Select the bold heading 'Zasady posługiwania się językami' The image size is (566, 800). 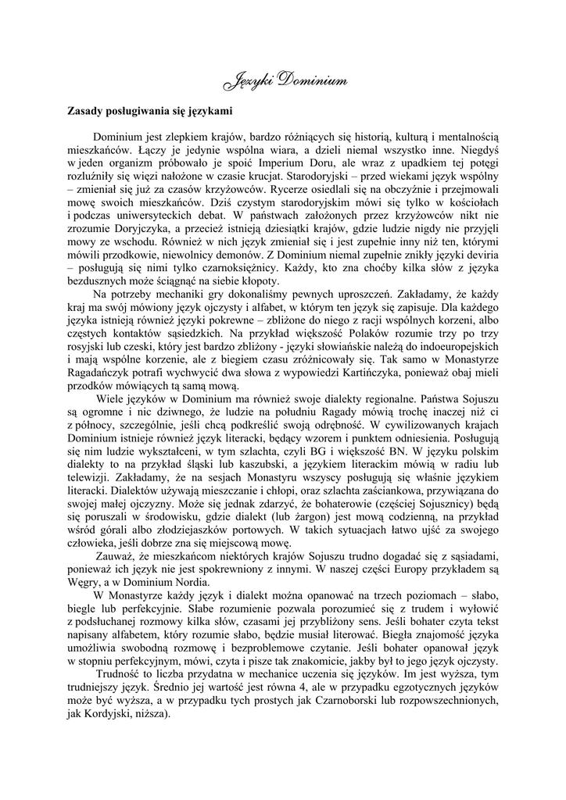[x=149, y=110]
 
